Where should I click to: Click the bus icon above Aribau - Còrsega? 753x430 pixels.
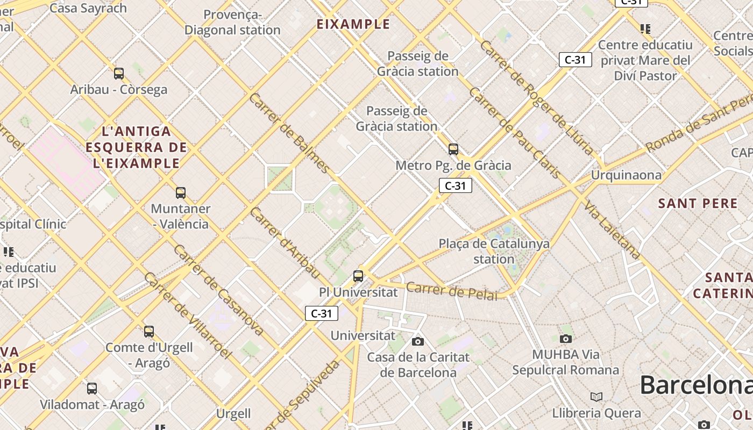coord(119,74)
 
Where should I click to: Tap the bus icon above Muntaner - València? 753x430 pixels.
coord(181,193)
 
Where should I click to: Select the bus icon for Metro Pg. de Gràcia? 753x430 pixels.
coord(453,149)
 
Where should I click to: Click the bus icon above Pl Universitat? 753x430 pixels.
coord(358,276)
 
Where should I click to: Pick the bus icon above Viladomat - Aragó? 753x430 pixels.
coord(92,389)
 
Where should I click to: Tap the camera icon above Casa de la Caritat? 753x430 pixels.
coord(418,341)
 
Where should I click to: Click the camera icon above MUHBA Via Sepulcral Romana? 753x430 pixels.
coord(565,339)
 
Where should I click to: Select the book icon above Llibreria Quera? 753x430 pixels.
coord(596,397)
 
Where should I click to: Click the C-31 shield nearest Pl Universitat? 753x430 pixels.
coord(322,313)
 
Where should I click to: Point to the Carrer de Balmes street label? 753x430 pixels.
coord(289,133)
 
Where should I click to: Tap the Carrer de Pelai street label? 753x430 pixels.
coord(451,291)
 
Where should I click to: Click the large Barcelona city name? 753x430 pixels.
coord(696,385)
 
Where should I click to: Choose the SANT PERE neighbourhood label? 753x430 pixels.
coord(698,204)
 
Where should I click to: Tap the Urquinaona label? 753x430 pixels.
coord(626,175)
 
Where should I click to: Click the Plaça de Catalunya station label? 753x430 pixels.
coord(494,252)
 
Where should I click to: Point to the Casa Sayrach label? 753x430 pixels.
coord(88,8)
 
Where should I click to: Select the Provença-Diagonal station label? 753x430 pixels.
coord(232,23)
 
